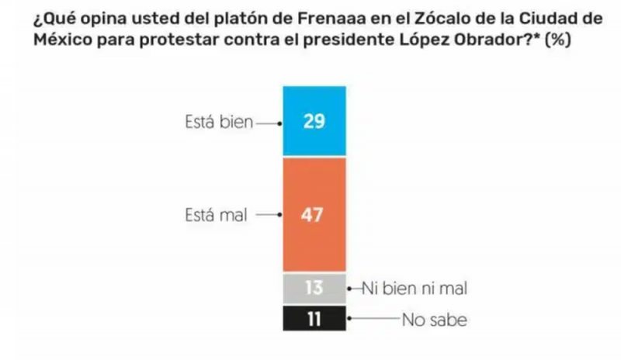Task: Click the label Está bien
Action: [217, 123]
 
